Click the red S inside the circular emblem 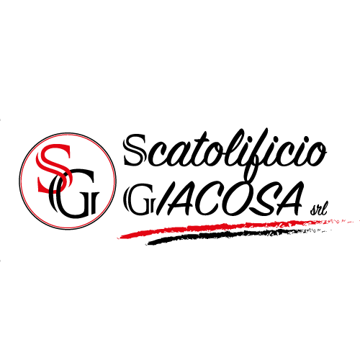(53, 168)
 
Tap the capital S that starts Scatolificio (135, 150)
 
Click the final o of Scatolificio (316, 154)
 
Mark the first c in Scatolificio (150, 155)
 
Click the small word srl (318, 210)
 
